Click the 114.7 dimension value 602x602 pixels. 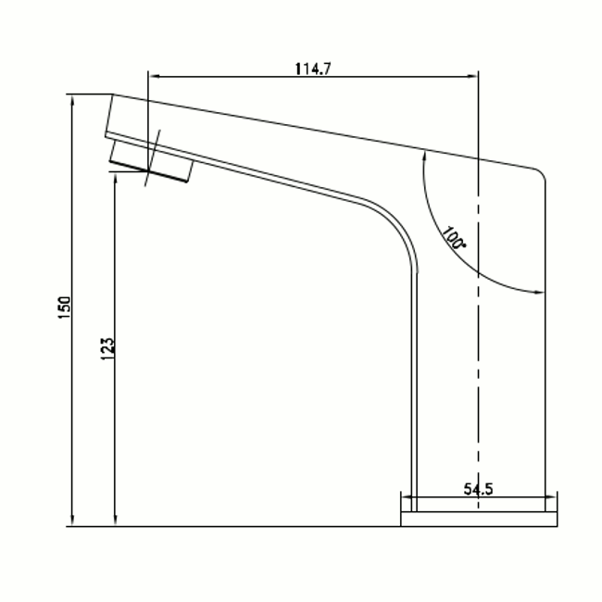[312, 69]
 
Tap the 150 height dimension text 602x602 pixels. [65, 307]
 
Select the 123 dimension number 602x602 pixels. [107, 348]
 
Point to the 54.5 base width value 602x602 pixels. [478, 489]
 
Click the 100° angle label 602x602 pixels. [454, 238]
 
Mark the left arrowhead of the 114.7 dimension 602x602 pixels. [155, 76]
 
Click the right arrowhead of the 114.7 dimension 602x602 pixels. [471, 76]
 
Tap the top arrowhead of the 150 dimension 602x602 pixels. [72, 101]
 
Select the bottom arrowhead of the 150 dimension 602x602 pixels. [72, 520]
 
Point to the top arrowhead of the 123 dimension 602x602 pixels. [116, 179]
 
